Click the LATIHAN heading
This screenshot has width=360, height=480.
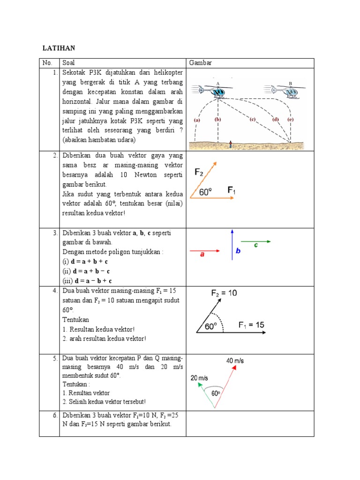[x=59, y=48]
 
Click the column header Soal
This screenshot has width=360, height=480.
[x=68, y=63]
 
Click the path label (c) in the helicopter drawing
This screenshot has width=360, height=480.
[x=252, y=120]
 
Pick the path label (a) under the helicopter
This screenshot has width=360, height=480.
[x=197, y=120]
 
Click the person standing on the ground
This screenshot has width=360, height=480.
[x=230, y=144]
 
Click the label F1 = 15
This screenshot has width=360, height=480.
[x=251, y=324]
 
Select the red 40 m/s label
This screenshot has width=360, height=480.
[x=235, y=361]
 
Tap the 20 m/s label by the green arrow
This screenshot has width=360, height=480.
[x=199, y=378]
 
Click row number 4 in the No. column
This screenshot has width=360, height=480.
[x=55, y=291]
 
